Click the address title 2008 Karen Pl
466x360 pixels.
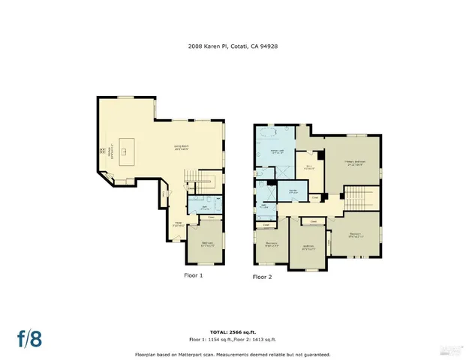233,46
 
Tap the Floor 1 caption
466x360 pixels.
194,275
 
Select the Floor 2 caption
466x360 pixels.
263,277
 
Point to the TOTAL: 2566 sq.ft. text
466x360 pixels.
233,330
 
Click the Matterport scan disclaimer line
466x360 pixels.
233,354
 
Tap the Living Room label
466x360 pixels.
184,148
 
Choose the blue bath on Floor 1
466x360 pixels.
194,209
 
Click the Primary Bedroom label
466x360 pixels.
353,162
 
